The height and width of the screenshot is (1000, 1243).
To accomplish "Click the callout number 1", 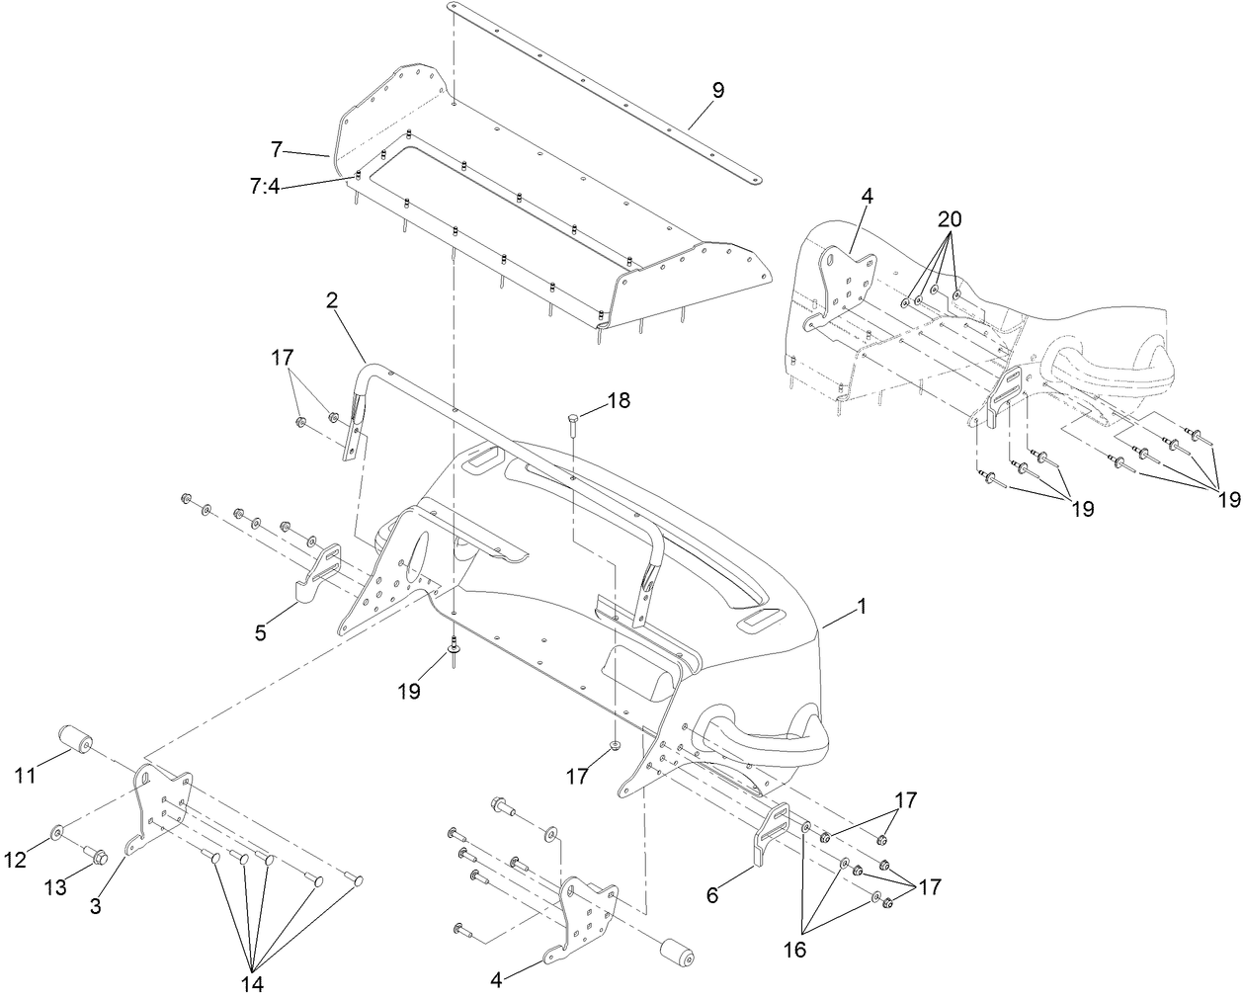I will (x=861, y=608).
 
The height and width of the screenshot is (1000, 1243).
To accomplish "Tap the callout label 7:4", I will (x=263, y=184).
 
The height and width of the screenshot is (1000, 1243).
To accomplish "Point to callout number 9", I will (x=717, y=90).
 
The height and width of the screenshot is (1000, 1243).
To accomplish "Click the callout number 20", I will (x=950, y=218).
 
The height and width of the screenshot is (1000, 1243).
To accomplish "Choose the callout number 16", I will (x=794, y=950).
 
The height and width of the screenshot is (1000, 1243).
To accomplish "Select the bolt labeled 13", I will (x=96, y=855).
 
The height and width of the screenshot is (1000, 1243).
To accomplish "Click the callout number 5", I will (x=261, y=632).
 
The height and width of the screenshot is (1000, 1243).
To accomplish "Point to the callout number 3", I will (x=96, y=905).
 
